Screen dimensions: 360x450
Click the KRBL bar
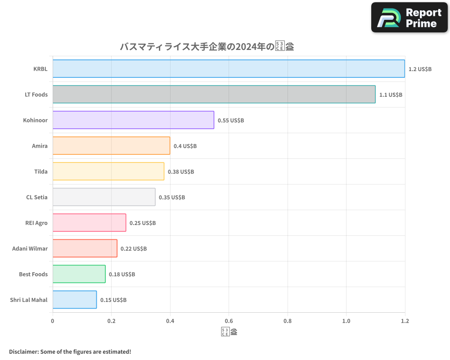[229, 69]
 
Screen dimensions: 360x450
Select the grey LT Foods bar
[214, 94]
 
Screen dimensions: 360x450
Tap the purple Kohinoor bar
[133, 120]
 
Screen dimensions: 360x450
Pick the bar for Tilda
[108, 171]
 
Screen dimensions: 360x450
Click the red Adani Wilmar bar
[85, 248]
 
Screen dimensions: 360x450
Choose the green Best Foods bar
[79, 274]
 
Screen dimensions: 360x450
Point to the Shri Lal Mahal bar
[74, 300]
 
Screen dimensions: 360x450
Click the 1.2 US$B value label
[420, 69]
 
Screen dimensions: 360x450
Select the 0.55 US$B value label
[231, 121]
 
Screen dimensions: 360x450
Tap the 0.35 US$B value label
[172, 198]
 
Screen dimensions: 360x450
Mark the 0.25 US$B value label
[143, 223]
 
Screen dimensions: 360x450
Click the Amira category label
[40, 146]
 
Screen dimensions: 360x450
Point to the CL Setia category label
[37, 198]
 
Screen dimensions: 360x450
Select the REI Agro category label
[36, 223]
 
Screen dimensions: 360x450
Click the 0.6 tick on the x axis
[229, 321]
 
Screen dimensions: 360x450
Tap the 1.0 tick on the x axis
[346, 321]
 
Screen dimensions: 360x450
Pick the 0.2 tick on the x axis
[111, 321]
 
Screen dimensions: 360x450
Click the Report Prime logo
[409, 18]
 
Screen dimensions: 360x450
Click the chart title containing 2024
[207, 47]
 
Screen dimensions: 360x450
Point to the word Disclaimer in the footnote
[23, 351]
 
